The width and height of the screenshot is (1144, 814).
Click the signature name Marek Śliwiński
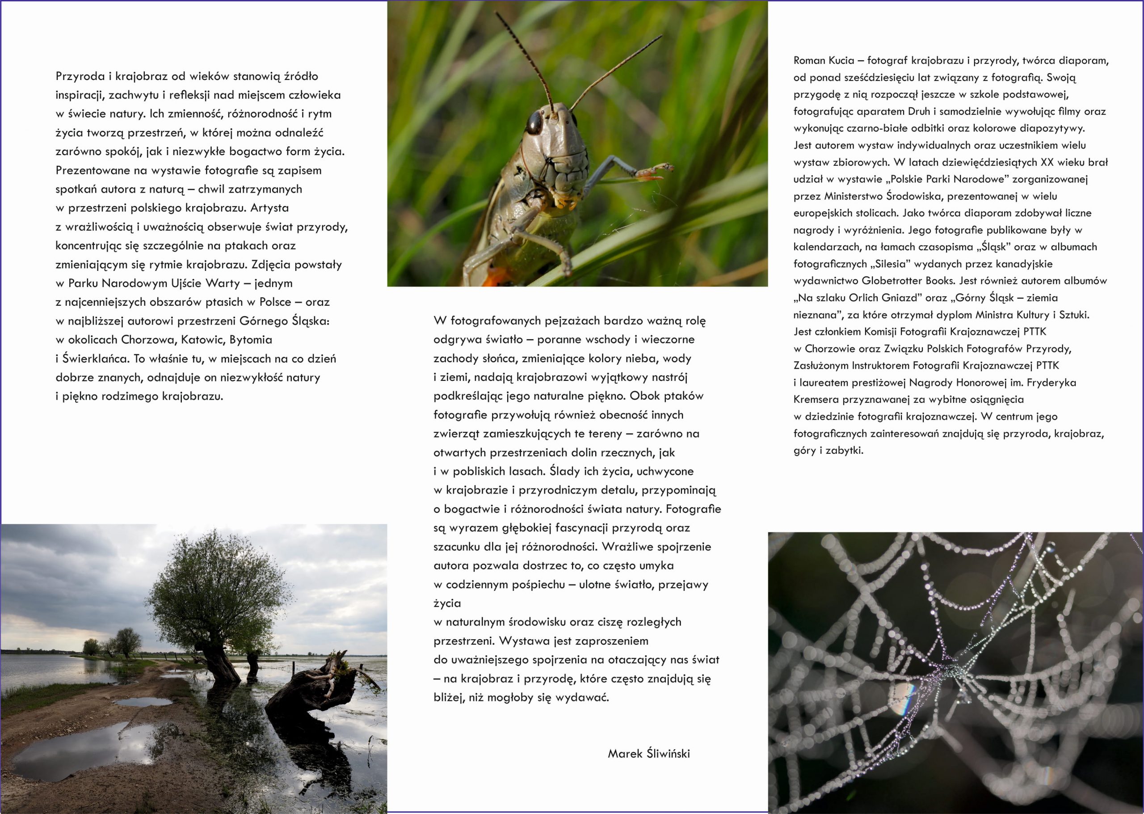tap(648, 768)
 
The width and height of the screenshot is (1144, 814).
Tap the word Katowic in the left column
tap(202, 340)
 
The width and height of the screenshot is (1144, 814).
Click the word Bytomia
tap(251, 340)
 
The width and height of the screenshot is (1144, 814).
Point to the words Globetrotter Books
tap(908, 281)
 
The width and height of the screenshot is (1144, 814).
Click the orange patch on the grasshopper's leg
tap(496, 277)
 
